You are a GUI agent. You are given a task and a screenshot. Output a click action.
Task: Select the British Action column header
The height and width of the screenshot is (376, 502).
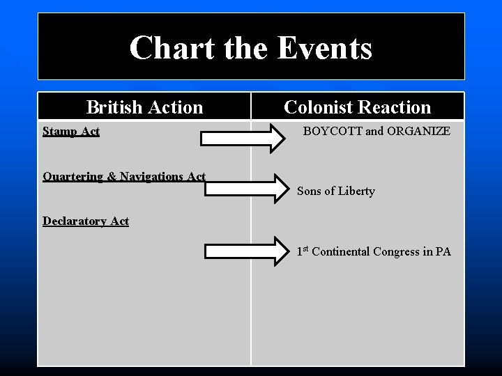click(x=144, y=107)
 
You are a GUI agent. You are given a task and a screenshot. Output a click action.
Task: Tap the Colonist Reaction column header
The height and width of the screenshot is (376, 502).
click(x=358, y=107)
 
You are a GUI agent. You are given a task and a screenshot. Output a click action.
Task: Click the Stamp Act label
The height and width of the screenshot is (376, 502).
click(x=71, y=131)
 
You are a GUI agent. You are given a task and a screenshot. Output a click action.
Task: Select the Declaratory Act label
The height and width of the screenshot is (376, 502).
click(x=86, y=221)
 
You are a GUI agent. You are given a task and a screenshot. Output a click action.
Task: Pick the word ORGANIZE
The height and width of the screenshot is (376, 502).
click(x=417, y=131)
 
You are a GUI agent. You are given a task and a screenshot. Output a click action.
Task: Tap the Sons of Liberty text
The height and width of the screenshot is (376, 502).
click(x=336, y=191)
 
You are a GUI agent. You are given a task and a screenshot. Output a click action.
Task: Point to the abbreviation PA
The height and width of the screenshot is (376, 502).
click(x=443, y=251)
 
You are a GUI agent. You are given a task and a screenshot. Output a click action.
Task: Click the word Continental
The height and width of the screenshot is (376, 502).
click(x=343, y=251)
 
